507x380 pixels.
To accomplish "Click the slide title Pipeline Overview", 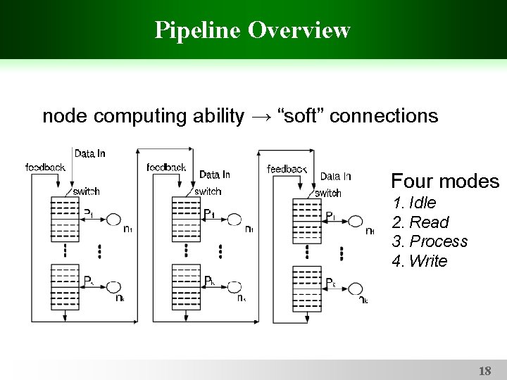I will [x=253, y=30].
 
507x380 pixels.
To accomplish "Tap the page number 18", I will [x=484, y=370].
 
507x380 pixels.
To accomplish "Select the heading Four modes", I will [x=444, y=182].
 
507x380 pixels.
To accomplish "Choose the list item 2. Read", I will [x=420, y=222].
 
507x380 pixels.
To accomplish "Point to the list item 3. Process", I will [x=430, y=241].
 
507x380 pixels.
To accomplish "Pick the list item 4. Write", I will [x=420, y=261].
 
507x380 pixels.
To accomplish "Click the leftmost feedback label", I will [x=45, y=167].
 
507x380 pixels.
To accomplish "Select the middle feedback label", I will [x=166, y=167].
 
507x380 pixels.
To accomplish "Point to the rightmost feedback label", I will [x=287, y=169].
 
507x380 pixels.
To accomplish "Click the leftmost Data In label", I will [x=90, y=153].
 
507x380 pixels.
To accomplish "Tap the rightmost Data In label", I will [x=335, y=176].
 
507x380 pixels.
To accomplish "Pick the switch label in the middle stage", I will [x=208, y=191].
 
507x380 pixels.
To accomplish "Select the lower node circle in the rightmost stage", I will [x=356, y=289].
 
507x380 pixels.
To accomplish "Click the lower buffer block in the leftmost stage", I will [x=65, y=286].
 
